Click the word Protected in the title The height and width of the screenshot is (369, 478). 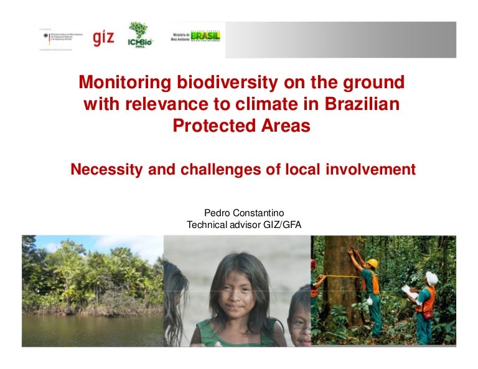[x=209, y=126]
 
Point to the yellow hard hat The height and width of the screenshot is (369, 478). [x=372, y=263]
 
